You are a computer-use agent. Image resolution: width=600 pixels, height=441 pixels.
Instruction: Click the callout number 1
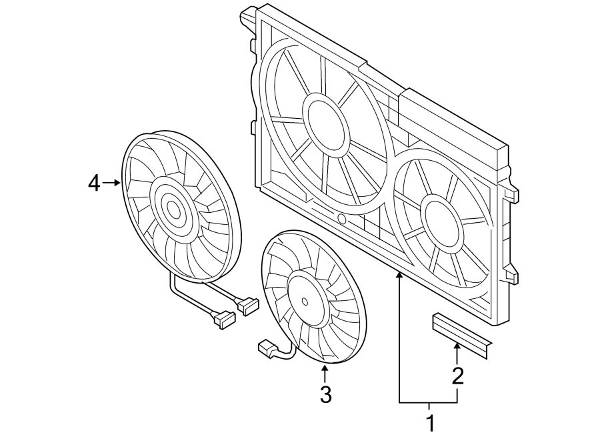click(x=430, y=422)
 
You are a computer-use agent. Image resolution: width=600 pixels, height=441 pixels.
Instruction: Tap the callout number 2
click(x=457, y=376)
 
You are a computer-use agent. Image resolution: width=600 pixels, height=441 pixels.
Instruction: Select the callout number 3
click(x=325, y=395)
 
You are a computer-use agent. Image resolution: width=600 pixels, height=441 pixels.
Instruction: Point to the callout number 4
click(x=94, y=182)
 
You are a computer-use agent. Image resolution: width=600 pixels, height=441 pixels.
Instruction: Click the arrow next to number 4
click(x=112, y=182)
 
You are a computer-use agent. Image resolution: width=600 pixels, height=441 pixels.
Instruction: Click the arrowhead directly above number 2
click(x=457, y=345)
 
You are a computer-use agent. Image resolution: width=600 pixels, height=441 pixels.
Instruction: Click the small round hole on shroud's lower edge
click(x=342, y=219)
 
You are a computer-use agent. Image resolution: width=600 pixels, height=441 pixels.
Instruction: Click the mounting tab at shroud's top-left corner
click(x=247, y=15)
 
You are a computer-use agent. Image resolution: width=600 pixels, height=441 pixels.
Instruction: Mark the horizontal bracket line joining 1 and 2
click(x=429, y=403)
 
